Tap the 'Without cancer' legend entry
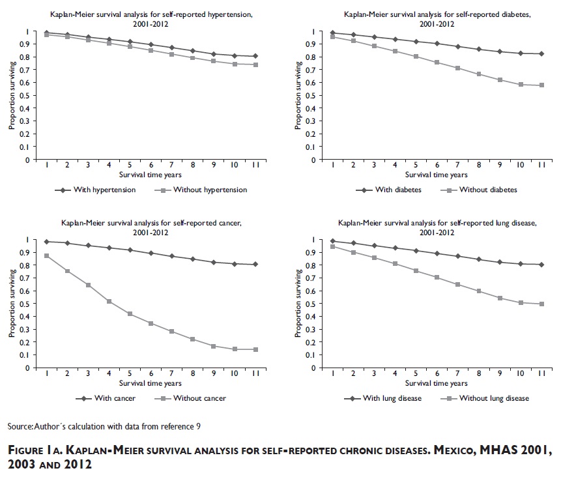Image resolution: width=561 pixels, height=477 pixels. click(201, 398)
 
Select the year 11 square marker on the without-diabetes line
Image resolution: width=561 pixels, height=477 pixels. click(540, 85)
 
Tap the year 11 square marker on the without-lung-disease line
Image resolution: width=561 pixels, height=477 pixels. click(541, 304)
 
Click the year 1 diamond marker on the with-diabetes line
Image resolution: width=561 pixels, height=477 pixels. click(332, 33)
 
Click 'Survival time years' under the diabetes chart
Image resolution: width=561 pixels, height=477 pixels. click(436, 175)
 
